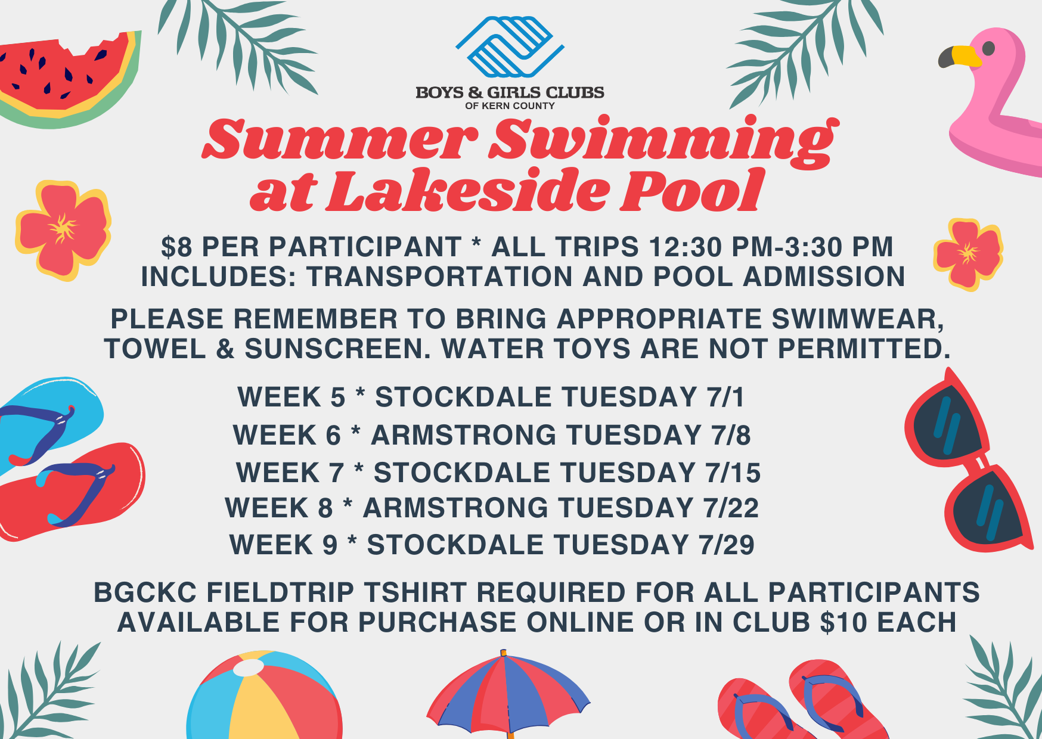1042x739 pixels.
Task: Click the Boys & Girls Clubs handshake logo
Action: tap(510, 46)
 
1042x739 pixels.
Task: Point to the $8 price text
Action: tap(175, 247)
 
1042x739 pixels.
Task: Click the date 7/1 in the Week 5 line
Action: tap(726, 398)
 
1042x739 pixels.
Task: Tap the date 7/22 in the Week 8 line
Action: tap(731, 508)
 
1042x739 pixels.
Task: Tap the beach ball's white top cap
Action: tap(249, 667)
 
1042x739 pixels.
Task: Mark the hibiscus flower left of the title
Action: tap(63, 230)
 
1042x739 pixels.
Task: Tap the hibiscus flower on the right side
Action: tap(968, 254)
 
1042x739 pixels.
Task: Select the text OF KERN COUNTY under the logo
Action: tap(510, 105)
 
